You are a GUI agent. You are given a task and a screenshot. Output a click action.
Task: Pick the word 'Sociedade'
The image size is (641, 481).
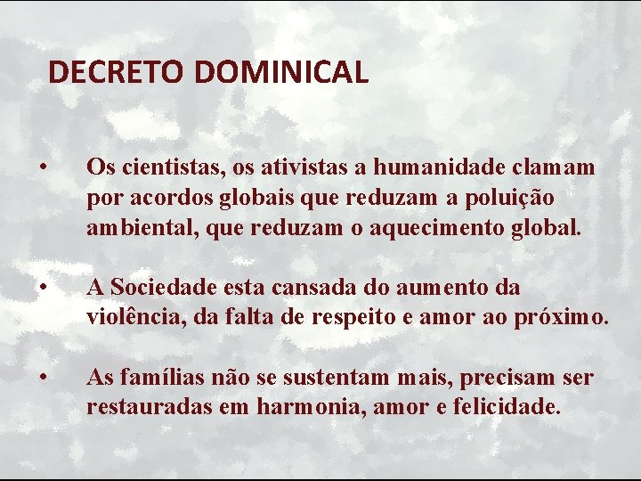pyautogui.click(x=160, y=287)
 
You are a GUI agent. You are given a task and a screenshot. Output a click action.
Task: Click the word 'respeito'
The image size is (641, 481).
pyautogui.click(x=365, y=317)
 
